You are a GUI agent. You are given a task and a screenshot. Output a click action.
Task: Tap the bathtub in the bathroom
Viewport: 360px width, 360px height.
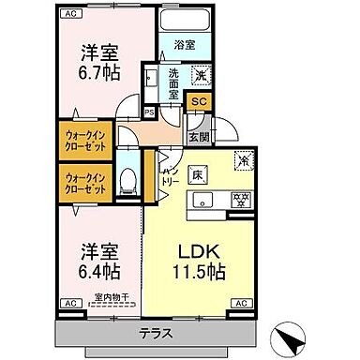pos(186,22)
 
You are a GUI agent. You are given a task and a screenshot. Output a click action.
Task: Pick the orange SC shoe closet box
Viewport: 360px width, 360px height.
pos(198,102)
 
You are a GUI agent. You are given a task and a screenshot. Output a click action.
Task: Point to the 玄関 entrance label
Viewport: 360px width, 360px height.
pos(198,136)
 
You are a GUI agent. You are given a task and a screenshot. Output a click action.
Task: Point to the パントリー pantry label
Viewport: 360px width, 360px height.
pos(170,173)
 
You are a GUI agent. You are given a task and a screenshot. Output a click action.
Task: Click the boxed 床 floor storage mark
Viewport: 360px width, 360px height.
pos(198,172)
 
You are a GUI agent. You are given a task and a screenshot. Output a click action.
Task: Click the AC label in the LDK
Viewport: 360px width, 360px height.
pos(240,303)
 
